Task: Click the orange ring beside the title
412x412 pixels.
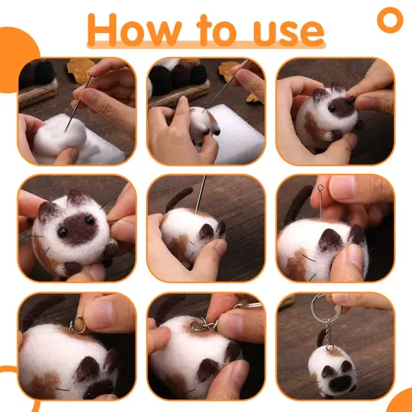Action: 390,19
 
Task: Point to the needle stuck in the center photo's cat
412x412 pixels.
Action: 199,194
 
